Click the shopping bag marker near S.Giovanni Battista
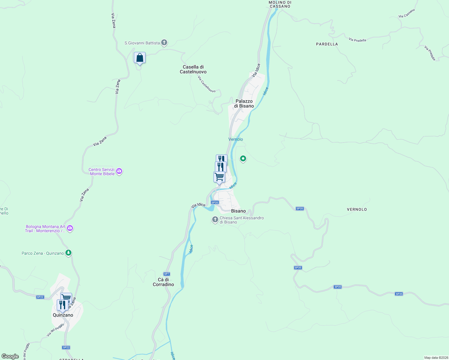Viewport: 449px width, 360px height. click(140, 58)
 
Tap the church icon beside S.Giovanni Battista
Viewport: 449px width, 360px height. click(164, 43)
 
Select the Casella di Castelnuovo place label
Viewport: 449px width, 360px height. click(193, 69)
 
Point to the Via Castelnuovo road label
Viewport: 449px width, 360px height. click(206, 84)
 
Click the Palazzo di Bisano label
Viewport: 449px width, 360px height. click(244, 103)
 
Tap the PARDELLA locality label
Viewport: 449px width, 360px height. click(327, 44)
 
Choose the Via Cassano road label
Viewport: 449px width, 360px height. click(407, 13)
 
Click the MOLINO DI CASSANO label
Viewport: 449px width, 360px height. click(280, 4)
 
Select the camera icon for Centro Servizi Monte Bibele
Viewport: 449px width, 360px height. click(119, 171)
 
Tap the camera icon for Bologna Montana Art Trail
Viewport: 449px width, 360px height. click(70, 228)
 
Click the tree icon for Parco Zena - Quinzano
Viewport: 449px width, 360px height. click(68, 253)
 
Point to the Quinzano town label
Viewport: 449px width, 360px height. click(63, 315)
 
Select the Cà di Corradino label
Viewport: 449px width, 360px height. click(163, 282)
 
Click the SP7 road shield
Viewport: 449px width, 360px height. click(167, 274)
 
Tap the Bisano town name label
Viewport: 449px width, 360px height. click(238, 211)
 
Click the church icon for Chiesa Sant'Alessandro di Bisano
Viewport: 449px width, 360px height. click(215, 220)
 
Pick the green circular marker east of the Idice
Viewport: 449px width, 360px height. click(243, 158)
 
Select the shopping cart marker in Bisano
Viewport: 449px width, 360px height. click(219, 177)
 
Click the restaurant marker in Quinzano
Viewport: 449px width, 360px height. click(62, 305)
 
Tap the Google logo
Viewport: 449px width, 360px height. click(10, 356)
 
